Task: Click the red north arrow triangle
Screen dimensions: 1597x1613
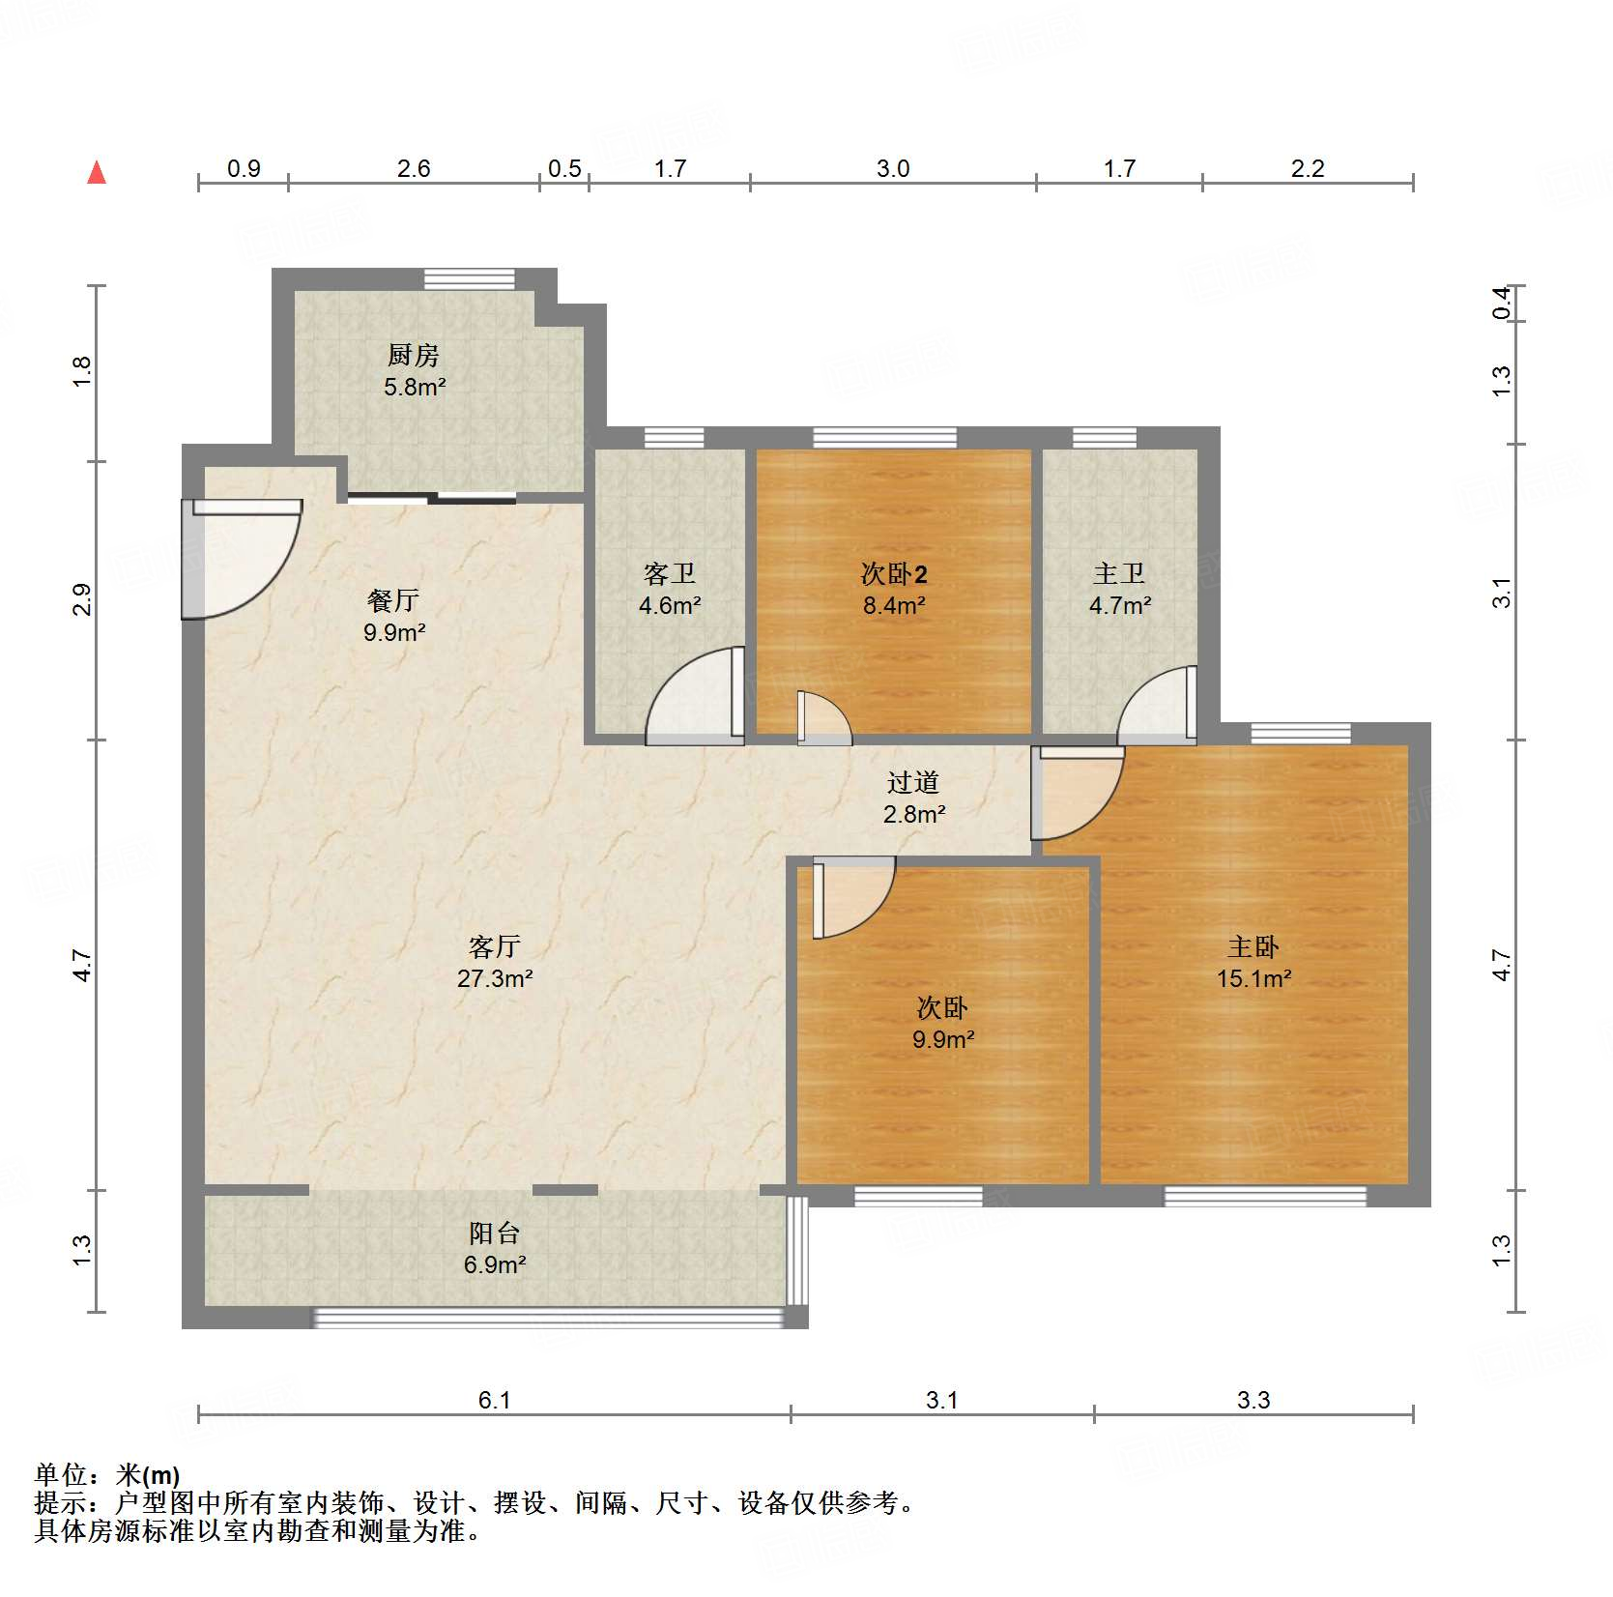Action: pyautogui.click(x=97, y=173)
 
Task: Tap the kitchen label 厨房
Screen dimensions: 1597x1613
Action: pyautogui.click(x=414, y=356)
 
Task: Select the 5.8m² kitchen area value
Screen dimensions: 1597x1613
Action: pyautogui.click(x=415, y=388)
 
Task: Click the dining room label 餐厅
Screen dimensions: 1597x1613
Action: pyautogui.click(x=393, y=600)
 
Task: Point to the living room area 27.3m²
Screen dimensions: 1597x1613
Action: pyautogui.click(x=495, y=978)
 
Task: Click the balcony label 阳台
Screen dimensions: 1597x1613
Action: pyautogui.click(x=494, y=1234)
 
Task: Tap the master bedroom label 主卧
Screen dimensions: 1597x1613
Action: pyautogui.click(x=1253, y=946)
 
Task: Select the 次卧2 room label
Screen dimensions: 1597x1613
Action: pyautogui.click(x=894, y=574)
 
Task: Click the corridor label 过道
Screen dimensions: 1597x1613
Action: pyautogui.click(x=913, y=782)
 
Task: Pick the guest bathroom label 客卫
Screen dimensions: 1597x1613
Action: pyautogui.click(x=669, y=574)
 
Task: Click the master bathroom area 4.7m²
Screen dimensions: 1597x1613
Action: pyautogui.click(x=1120, y=606)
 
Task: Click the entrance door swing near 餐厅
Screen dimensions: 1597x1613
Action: pyautogui.click(x=237, y=561)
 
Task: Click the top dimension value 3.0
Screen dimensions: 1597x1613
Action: pyautogui.click(x=893, y=169)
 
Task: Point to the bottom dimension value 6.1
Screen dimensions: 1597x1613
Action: pyautogui.click(x=494, y=1400)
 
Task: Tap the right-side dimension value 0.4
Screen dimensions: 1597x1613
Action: pyautogui.click(x=1501, y=303)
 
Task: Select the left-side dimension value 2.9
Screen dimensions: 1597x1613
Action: pyautogui.click(x=82, y=599)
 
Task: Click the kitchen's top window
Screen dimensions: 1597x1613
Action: pyautogui.click(x=470, y=279)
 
